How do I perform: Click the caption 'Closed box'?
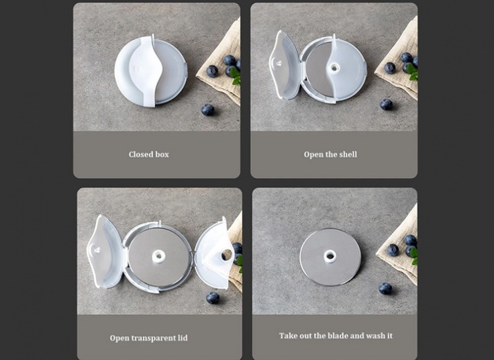(x=149, y=154)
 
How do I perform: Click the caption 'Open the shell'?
(x=330, y=154)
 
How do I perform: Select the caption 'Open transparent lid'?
(x=149, y=338)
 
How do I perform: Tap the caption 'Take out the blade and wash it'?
(x=336, y=336)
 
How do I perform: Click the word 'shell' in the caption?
(x=348, y=154)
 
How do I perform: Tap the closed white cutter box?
(x=151, y=71)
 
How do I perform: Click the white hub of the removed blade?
(x=330, y=257)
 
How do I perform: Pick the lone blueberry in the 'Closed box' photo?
(x=207, y=109)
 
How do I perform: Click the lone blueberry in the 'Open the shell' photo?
(x=386, y=104)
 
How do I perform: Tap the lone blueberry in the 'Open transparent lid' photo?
(x=213, y=298)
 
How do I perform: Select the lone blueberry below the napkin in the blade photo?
(x=385, y=288)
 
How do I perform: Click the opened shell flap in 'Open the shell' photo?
(x=285, y=66)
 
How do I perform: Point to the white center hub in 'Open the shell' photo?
(x=334, y=67)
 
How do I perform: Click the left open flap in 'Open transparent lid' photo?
(x=105, y=252)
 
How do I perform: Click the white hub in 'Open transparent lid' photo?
(x=158, y=257)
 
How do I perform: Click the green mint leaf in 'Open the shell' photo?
(x=412, y=72)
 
